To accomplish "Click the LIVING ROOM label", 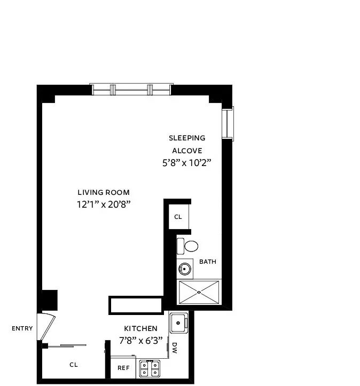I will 103,192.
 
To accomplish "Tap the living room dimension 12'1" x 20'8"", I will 103,204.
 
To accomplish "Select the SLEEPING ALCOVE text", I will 186,144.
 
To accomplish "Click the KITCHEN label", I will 140,328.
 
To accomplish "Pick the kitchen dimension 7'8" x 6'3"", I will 140,340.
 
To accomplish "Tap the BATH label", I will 207,262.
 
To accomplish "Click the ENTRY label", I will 22,328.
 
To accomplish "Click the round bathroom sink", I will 185,268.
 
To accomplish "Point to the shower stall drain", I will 199,292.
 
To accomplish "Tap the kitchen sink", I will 178,322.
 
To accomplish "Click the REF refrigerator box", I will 123,368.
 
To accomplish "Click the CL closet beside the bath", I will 178,217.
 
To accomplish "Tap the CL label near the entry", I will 74,365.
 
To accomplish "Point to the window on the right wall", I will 229,123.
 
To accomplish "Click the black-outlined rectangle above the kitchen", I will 136,305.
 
